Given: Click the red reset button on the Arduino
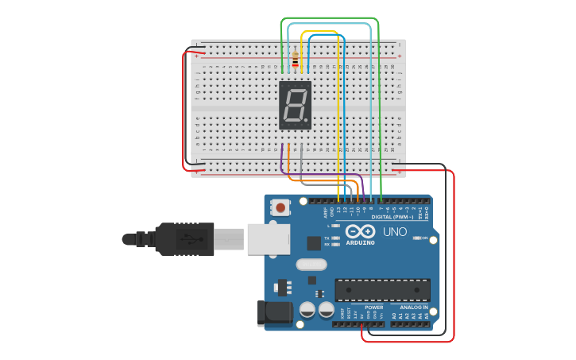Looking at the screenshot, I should pos(280,207).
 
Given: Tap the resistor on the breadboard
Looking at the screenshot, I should pos(296,60).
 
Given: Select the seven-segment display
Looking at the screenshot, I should pos(296,105).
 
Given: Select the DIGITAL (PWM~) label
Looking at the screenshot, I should pos(392,216).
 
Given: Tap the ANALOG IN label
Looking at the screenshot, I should pos(413,307).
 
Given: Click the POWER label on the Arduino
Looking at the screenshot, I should pos(373,307).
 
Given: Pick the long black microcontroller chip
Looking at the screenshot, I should pos(382,289).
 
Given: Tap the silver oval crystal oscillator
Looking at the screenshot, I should pos(311,265).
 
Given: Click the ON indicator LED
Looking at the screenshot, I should pos(415,238).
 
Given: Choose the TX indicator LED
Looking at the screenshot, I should pos(335,238).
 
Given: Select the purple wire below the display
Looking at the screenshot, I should pos(283,161).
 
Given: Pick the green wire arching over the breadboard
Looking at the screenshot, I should pos(330,18).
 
